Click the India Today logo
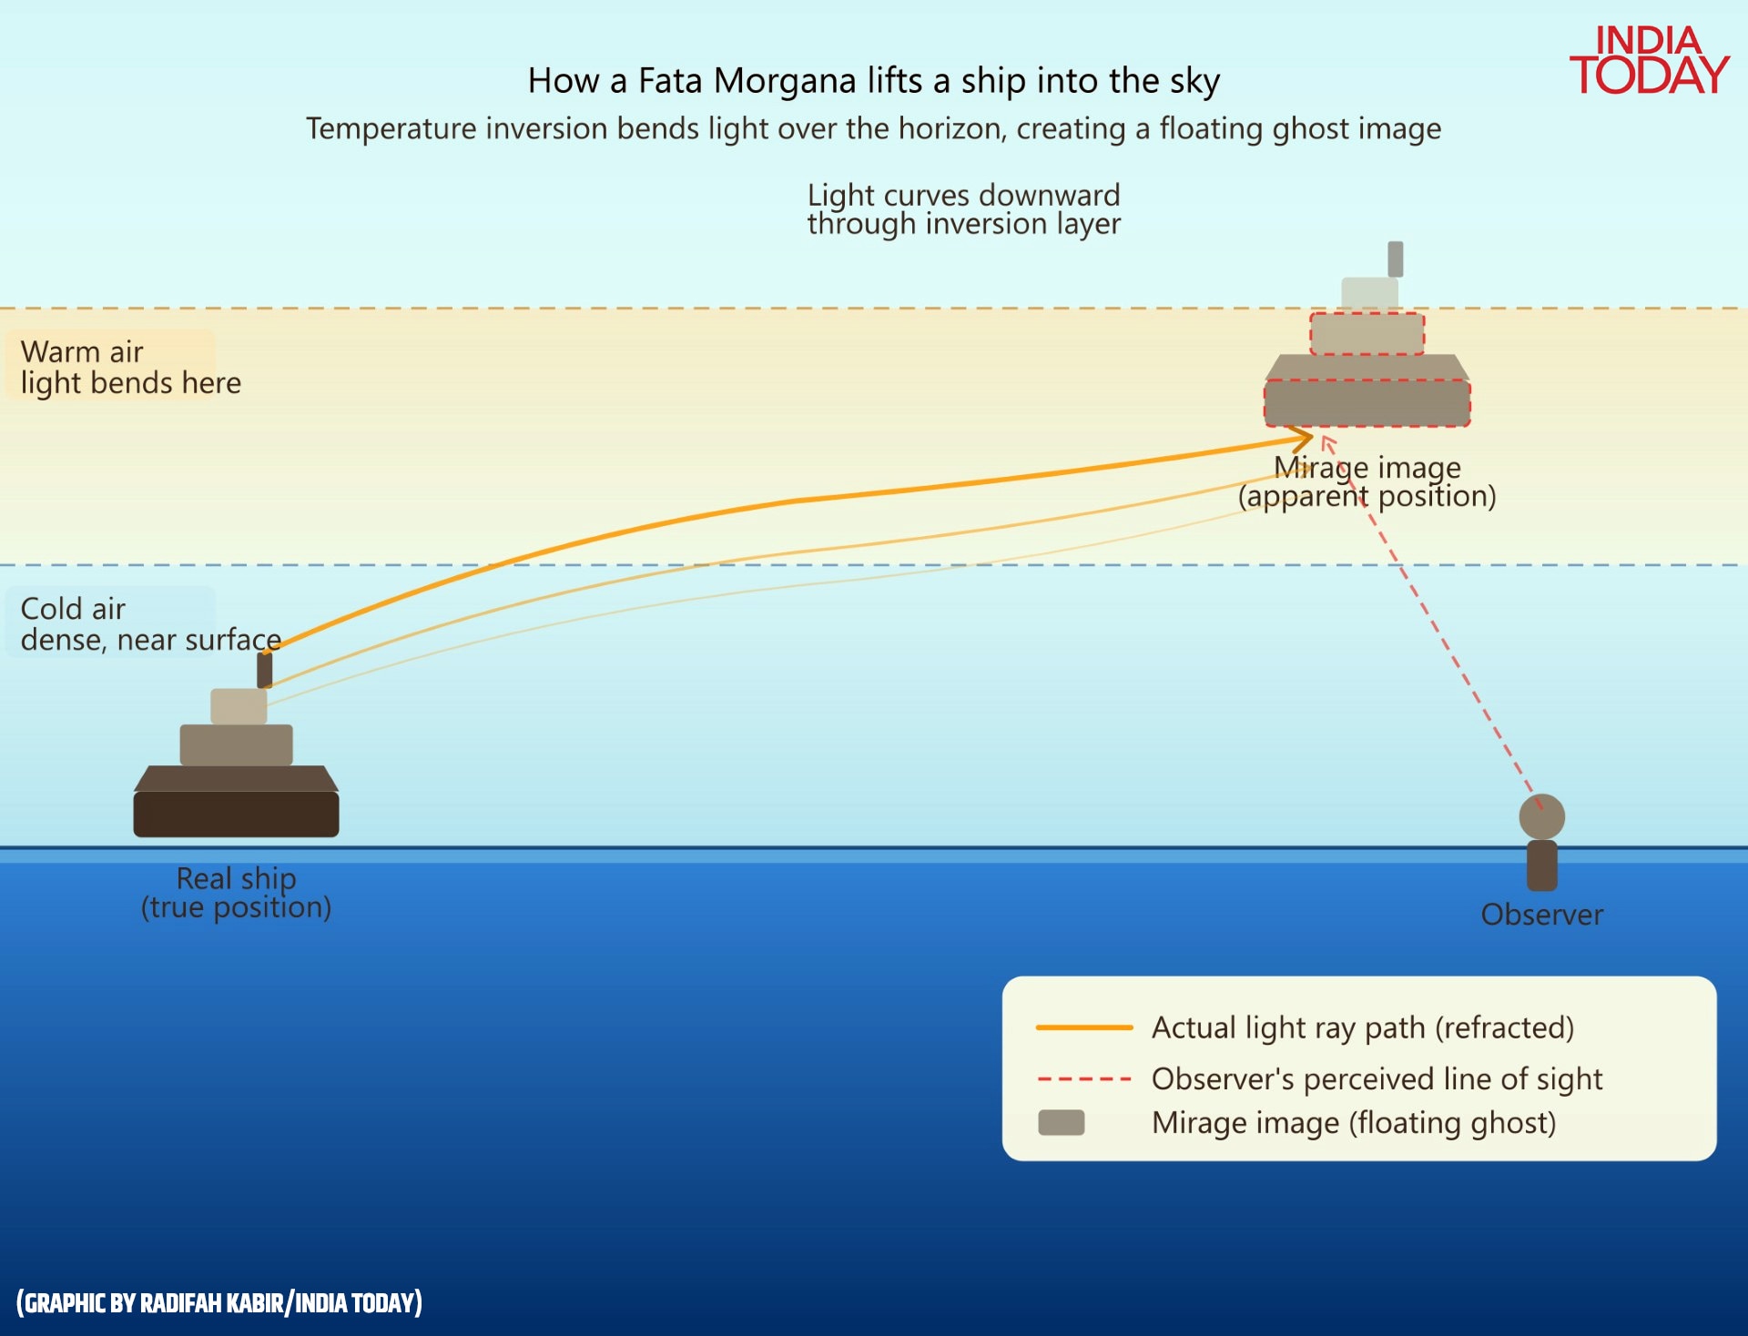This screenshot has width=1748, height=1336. point(1649,60)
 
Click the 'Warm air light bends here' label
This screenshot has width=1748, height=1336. point(130,367)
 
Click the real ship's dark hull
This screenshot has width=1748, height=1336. point(236,813)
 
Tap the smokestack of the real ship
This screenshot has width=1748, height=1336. point(265,669)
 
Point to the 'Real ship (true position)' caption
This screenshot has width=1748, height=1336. point(236,893)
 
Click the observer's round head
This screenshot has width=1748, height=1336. point(1541,816)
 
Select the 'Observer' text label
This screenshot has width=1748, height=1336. point(1541,915)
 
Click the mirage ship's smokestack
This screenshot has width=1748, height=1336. point(1395,259)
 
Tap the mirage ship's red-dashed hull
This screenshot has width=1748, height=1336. point(1367,402)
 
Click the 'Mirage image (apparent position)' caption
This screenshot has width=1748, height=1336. point(1367,481)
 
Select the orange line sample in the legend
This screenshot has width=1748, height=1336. point(1083,1027)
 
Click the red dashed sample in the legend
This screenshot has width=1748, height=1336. point(1083,1079)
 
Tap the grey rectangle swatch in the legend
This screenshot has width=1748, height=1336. point(1061,1123)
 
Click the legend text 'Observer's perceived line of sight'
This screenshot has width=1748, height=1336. point(1377,1079)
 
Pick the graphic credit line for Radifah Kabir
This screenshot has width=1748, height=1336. point(219,1303)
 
